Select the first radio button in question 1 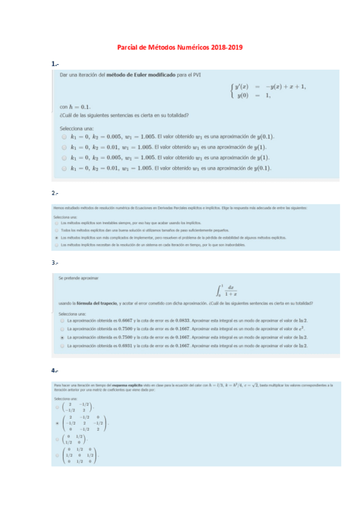click(64, 137)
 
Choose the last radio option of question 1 click(64, 168)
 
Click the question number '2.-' click(55, 193)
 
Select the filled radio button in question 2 click(56, 238)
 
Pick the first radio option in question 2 click(56, 223)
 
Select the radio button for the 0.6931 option click(63, 346)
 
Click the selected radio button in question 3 click(63, 338)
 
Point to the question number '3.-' click(55, 262)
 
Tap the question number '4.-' click(55, 370)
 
